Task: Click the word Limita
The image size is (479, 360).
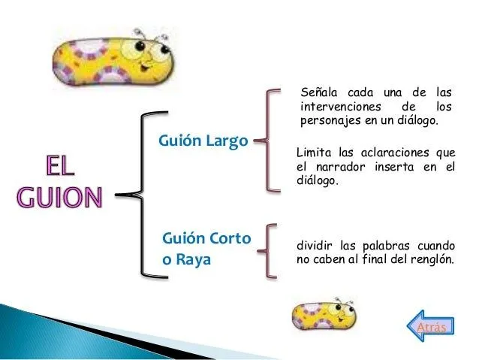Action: (315, 152)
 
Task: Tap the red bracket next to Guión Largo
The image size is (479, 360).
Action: (267, 141)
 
